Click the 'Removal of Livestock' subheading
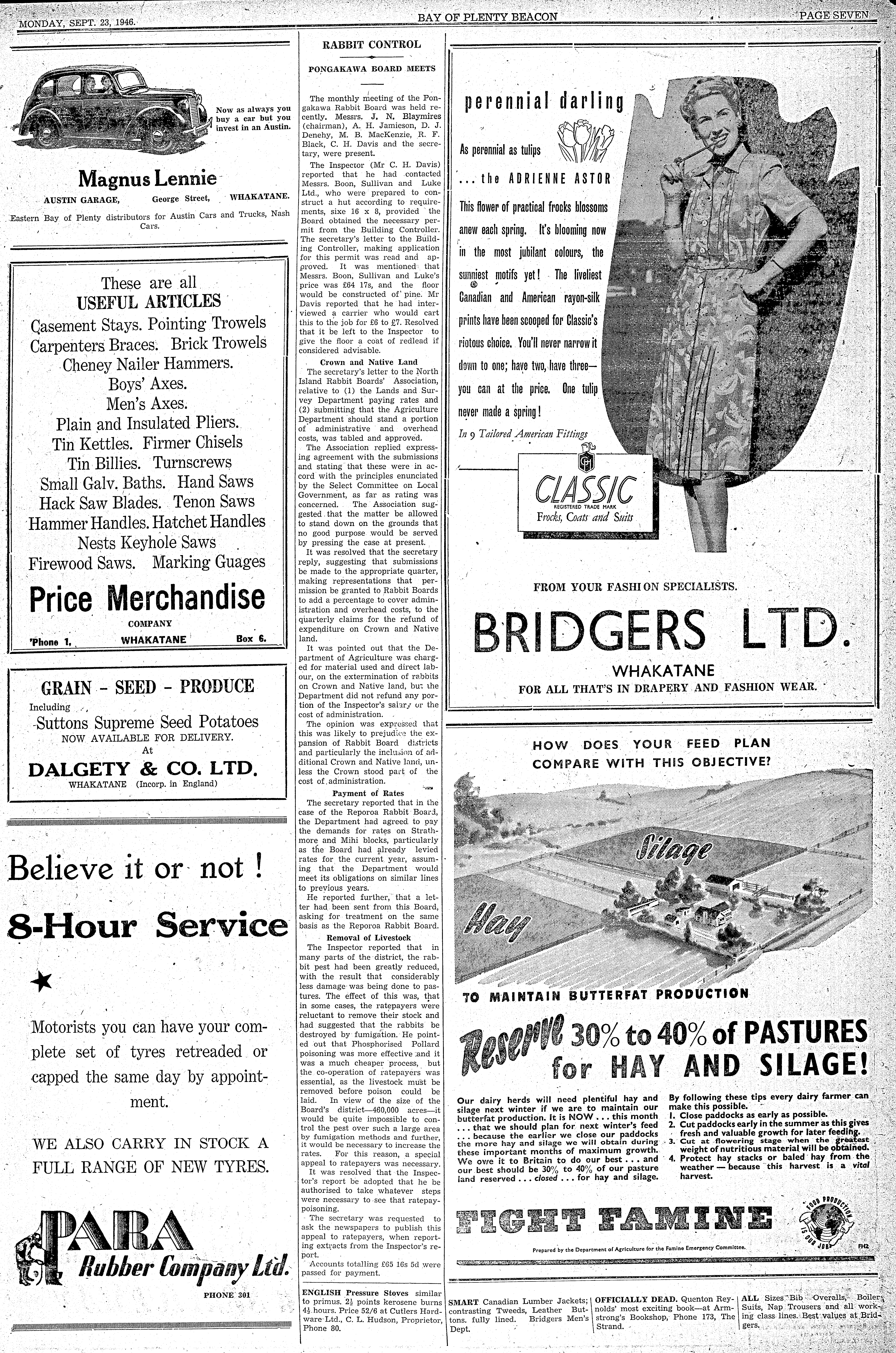(x=369, y=938)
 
